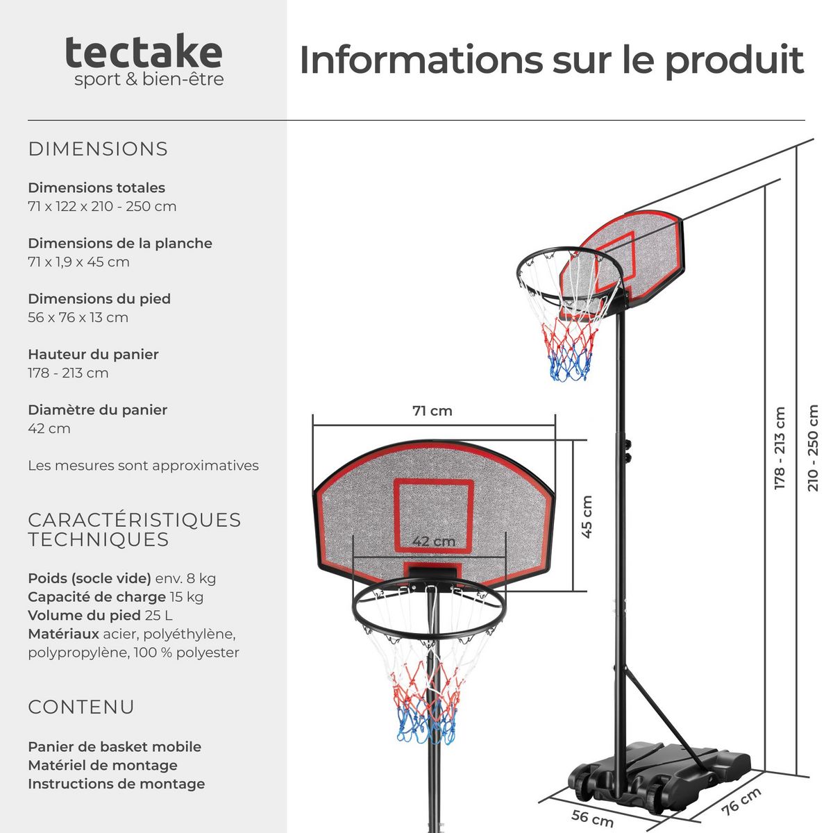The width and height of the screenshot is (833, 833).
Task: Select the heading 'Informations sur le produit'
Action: click(551, 60)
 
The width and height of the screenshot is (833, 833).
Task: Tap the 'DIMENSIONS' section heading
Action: click(98, 149)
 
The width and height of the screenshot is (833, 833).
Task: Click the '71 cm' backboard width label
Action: click(432, 411)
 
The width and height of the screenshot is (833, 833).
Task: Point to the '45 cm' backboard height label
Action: click(587, 516)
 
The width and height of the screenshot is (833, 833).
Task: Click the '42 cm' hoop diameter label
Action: click(434, 541)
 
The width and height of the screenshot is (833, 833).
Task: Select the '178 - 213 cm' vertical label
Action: click(780, 448)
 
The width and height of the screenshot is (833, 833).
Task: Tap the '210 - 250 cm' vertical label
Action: click(813, 448)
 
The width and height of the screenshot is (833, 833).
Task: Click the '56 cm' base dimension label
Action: click(592, 818)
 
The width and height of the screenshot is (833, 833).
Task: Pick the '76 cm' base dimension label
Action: click(741, 802)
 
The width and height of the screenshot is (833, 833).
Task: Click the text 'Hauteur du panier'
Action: click(93, 355)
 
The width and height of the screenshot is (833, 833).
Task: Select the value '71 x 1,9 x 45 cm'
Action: click(78, 262)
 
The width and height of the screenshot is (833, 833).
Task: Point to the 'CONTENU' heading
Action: click(81, 707)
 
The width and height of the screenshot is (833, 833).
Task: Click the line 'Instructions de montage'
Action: click(116, 784)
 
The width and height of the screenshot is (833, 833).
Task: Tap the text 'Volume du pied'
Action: click(84, 615)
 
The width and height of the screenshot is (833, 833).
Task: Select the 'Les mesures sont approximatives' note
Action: click(143, 466)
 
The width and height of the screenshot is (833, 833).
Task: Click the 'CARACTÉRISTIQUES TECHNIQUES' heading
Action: click(134, 530)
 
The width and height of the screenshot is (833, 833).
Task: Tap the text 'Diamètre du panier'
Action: click(97, 410)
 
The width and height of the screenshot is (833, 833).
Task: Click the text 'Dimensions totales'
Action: click(96, 188)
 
